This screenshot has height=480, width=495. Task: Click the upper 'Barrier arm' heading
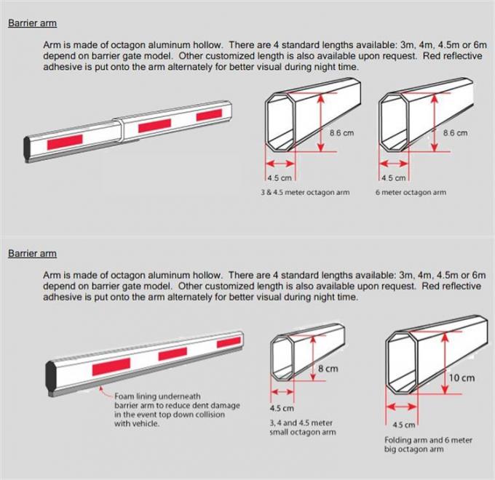click(32, 23)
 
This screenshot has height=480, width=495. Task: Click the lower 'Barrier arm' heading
click(32, 254)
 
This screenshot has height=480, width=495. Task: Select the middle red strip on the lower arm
click(173, 354)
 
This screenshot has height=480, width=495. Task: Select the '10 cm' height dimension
click(462, 378)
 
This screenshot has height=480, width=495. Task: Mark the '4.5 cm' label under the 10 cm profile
click(404, 425)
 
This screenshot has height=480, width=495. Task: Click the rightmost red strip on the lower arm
click(229, 342)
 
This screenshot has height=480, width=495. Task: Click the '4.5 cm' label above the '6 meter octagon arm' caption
click(392, 177)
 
